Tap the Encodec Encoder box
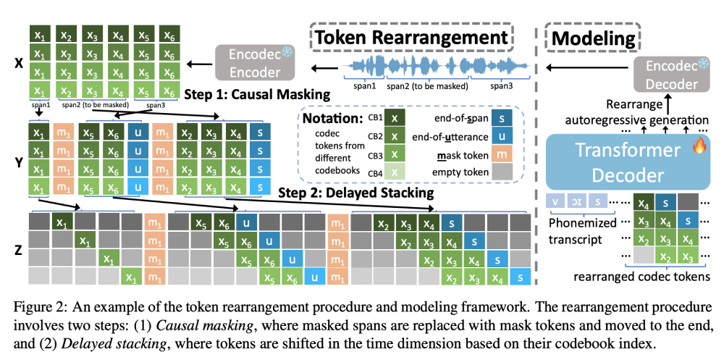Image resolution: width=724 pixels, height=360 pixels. tap(256, 63)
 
